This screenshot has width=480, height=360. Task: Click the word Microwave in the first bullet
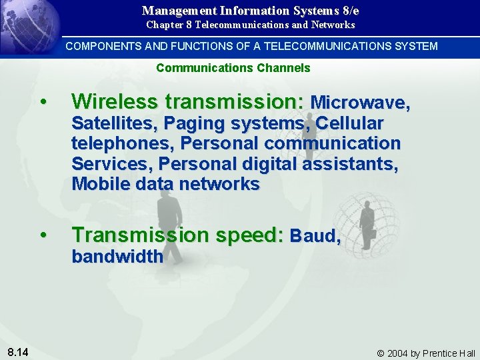[359, 103]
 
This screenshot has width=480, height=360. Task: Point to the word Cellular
[350, 124]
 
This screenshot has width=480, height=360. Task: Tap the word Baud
[314, 236]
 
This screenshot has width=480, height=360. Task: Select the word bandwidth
[117, 256]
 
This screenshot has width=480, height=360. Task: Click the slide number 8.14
[19, 351]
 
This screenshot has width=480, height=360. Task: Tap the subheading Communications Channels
[233, 68]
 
